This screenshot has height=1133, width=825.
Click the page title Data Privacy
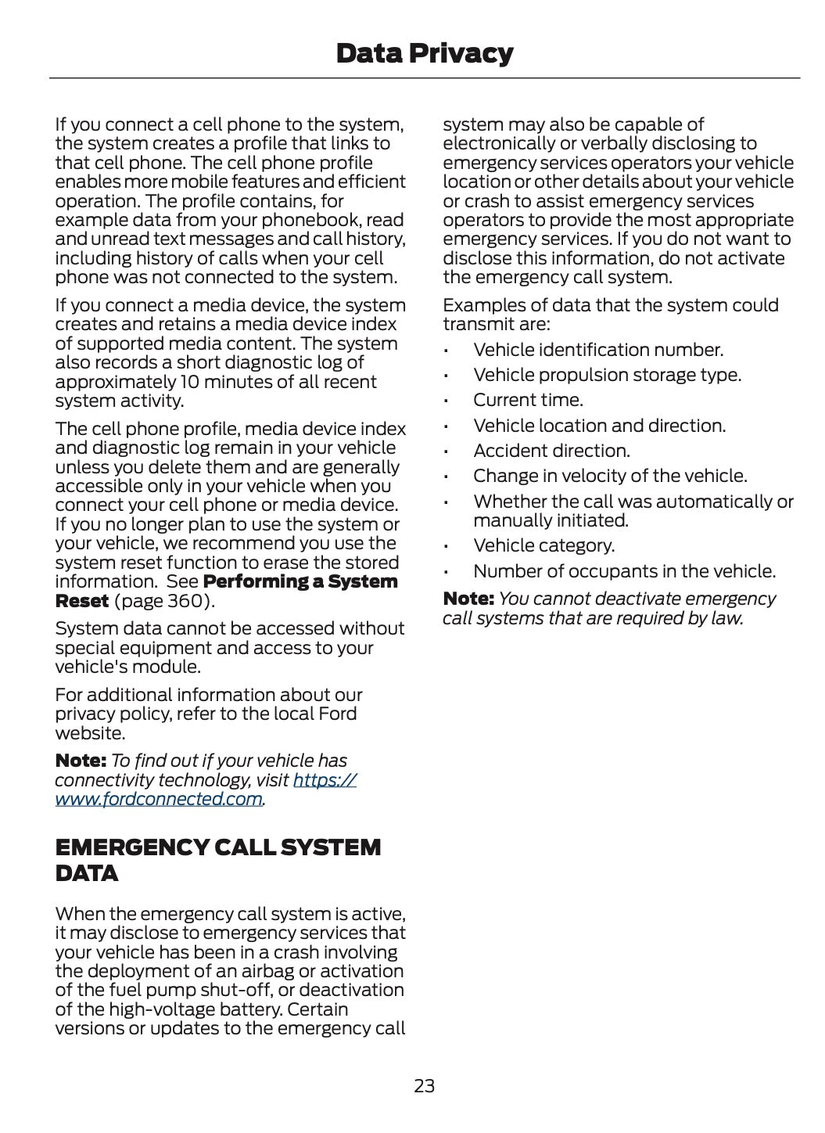424,53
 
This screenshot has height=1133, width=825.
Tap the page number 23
424,1085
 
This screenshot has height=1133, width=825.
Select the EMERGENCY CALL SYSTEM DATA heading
218,859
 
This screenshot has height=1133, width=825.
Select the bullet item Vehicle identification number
598,350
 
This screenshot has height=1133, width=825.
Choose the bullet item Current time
528,400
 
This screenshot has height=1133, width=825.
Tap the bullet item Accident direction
551,451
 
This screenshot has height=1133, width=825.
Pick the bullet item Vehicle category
543,545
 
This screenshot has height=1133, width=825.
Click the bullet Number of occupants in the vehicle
624,571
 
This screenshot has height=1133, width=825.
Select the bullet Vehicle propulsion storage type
607,375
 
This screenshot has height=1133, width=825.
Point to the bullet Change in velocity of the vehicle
610,476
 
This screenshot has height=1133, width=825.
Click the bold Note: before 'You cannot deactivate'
468,599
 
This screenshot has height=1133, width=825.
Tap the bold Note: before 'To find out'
81,761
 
